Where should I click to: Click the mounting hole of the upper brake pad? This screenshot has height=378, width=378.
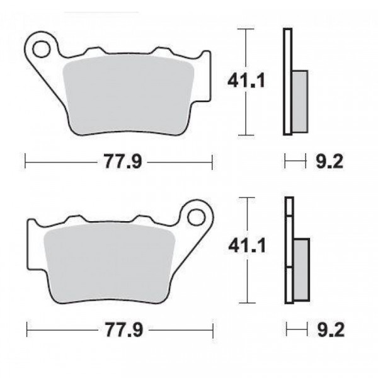[42, 49]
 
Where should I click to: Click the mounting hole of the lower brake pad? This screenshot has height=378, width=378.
[197, 217]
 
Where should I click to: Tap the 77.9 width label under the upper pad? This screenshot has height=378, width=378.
[123, 161]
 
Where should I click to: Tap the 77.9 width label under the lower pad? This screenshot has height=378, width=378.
[124, 329]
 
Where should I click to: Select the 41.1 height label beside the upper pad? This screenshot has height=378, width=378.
[246, 81]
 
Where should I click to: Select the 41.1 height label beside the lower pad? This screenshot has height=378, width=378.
[247, 246]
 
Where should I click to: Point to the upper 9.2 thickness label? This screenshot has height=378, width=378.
[329, 161]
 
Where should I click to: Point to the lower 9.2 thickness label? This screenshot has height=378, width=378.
[331, 329]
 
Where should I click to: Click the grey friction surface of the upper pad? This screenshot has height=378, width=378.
[128, 95]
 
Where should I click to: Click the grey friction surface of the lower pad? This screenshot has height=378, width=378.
[110, 263]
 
